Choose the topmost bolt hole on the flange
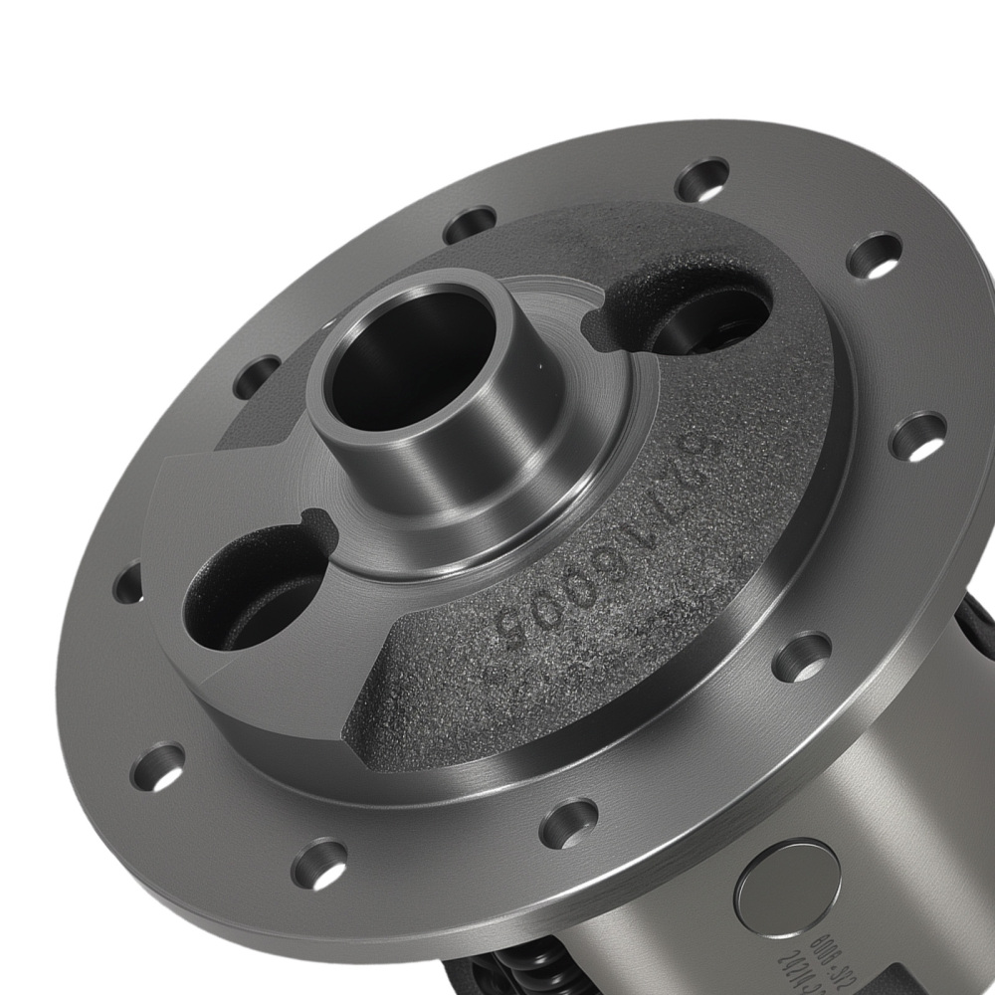702,180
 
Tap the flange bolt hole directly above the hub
470,225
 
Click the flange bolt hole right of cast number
802,656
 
